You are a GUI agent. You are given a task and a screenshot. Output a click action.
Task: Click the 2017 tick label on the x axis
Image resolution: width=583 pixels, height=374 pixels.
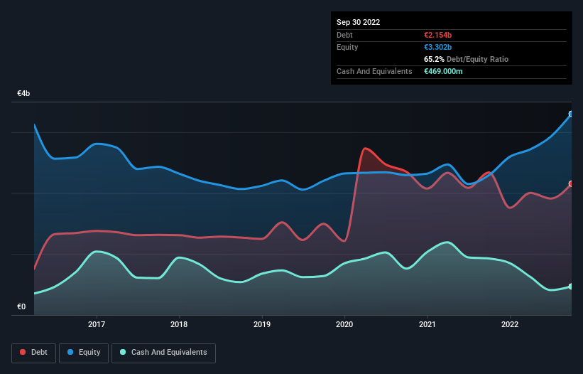coord(97,325)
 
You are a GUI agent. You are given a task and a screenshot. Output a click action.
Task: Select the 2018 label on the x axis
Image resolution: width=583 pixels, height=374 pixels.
coord(180,325)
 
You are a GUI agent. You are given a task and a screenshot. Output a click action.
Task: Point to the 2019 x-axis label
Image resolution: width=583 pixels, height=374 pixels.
coord(262,325)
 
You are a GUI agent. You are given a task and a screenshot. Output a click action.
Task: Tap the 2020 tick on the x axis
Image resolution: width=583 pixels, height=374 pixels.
coord(344,325)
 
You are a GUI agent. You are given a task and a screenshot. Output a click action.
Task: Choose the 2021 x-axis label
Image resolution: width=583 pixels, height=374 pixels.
coord(427,325)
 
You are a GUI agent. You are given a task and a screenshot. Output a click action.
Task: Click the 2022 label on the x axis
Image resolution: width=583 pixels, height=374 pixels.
coord(510,325)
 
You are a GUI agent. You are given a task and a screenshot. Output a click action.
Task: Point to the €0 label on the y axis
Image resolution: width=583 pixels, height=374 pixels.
coord(21,307)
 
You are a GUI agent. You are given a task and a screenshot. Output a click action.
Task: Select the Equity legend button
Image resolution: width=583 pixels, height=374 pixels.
coord(84,352)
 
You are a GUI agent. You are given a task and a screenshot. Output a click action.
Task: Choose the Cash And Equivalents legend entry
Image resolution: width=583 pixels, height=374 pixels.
coord(163,352)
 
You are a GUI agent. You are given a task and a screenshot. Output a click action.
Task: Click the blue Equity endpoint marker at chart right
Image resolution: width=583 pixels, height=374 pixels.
coord(571,114)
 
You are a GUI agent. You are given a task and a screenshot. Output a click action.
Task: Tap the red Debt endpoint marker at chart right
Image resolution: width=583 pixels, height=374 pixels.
coord(571,184)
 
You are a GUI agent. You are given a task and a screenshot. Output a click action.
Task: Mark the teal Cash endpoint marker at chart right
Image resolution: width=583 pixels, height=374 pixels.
coord(571,287)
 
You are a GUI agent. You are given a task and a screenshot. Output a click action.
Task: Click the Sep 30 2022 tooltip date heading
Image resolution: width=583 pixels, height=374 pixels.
coord(358,22)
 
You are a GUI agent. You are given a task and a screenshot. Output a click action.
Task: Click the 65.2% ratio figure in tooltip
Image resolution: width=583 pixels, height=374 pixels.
coord(434,59)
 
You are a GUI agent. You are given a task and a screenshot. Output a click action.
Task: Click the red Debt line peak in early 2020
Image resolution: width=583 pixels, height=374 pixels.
coord(365,149)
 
